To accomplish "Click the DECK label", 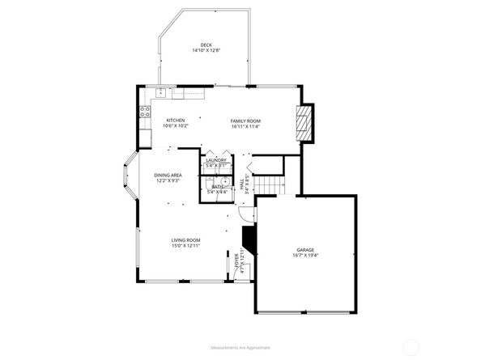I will (x=206, y=44).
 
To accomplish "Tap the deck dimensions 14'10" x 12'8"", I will (x=206, y=50).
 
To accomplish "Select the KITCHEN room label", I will (x=176, y=121).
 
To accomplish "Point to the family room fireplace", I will (x=303, y=123).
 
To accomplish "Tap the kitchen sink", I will (x=161, y=91).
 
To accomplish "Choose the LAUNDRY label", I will (x=215, y=160).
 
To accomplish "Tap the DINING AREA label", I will (x=168, y=175).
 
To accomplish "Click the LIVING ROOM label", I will (x=185, y=240).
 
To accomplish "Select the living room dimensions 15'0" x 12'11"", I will (x=185, y=246).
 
